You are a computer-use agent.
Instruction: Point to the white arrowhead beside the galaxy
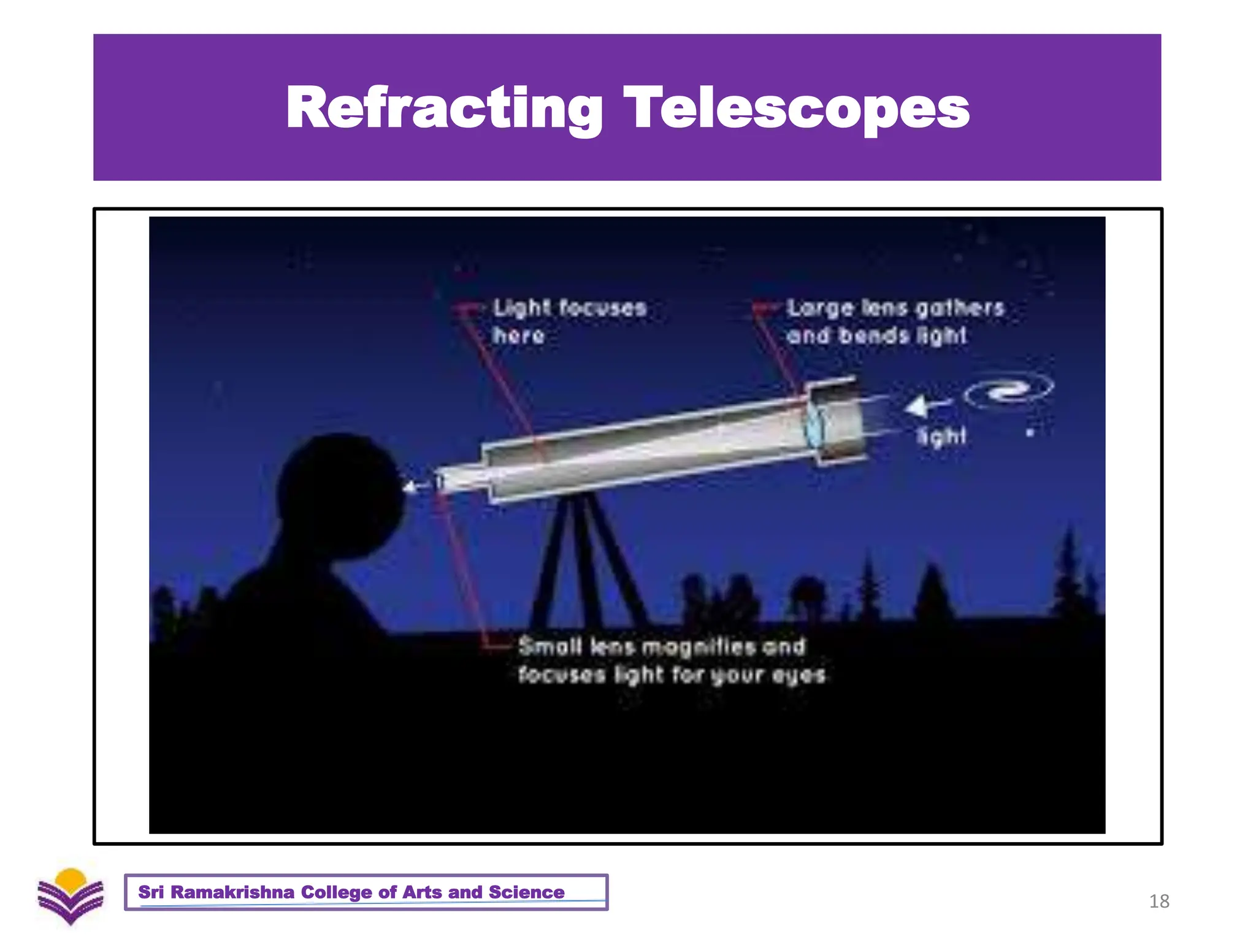point(916,406)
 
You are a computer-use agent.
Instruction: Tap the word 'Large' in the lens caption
point(819,308)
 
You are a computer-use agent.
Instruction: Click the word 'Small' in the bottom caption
point(549,646)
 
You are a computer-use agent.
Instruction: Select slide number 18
point(1158,901)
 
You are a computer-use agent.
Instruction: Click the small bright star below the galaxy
point(1030,433)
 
